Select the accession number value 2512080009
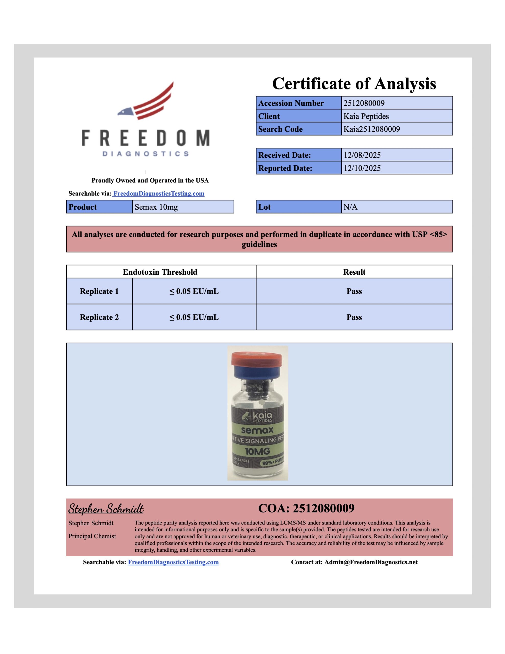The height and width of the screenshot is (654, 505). tap(364, 103)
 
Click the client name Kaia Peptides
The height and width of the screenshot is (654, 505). tap(366, 116)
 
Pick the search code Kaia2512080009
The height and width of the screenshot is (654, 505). tap(371, 129)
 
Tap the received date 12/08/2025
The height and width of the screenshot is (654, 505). tap(362, 155)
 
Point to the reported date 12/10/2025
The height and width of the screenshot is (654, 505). tap(362, 168)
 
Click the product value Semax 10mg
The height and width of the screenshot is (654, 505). tap(156, 207)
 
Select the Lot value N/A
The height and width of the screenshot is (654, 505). tap(350, 207)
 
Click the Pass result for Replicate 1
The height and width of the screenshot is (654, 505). tap(354, 291)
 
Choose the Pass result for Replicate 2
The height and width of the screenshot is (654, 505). tap(354, 317)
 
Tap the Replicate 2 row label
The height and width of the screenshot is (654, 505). tap(99, 317)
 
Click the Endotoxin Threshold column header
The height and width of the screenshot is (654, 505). tap(160, 272)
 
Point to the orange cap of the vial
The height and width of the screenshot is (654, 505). tap(257, 358)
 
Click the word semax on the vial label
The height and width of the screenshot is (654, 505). tap(257, 430)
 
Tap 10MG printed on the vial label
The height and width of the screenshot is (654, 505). tap(257, 451)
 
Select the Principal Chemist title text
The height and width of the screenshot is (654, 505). tap(92, 536)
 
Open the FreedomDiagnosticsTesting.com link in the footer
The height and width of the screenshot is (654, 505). tap(173, 562)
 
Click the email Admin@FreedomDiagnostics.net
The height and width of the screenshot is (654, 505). tap(371, 562)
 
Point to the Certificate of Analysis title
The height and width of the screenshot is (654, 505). tap(354, 84)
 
